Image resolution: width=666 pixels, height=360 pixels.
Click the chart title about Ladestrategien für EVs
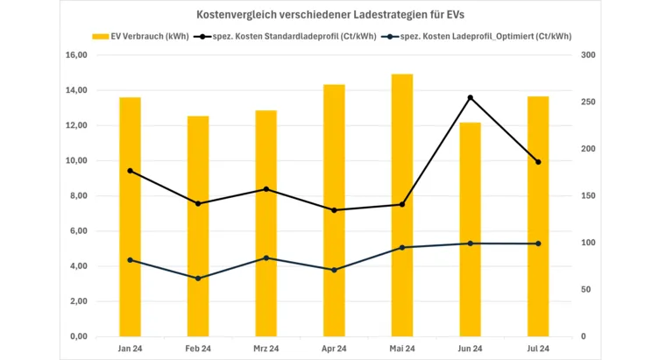[333, 15]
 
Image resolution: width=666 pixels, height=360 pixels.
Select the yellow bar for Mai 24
[402, 206]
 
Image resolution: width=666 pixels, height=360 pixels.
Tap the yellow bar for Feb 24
[198, 226]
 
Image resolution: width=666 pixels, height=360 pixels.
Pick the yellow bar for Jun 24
[471, 229]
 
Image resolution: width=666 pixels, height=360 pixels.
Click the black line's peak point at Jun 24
[471, 97]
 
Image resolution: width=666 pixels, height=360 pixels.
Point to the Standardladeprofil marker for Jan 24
[130, 171]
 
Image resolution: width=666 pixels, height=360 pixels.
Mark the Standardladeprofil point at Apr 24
[334, 210]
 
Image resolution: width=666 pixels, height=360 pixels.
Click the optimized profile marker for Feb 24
[198, 279]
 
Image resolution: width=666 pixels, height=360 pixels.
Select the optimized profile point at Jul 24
[538, 244]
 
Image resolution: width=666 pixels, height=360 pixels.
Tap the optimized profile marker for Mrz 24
[266, 258]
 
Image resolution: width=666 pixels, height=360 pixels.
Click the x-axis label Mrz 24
[266, 349]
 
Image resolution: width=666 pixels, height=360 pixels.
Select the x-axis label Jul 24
[538, 349]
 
